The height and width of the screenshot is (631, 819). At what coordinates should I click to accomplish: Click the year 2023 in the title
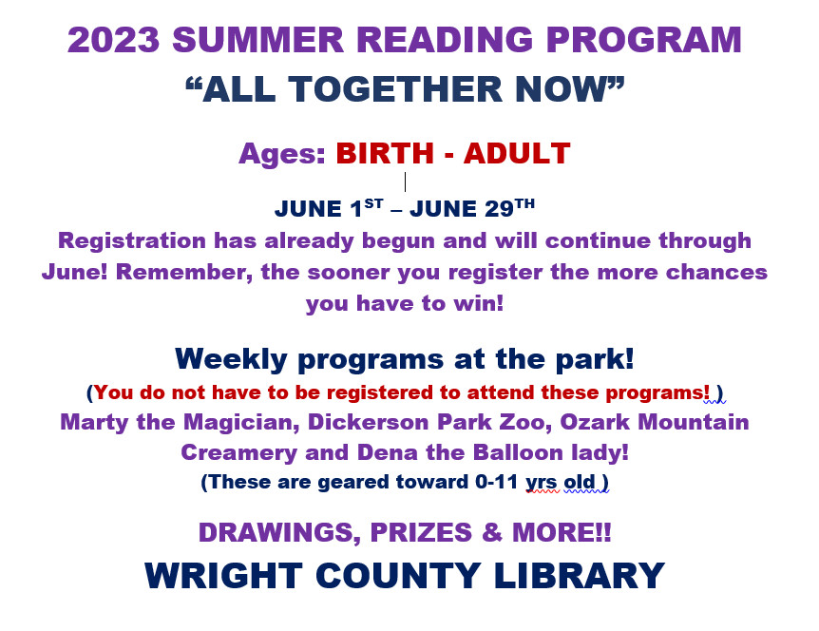[113, 40]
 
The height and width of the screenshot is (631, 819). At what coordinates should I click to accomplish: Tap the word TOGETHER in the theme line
[395, 88]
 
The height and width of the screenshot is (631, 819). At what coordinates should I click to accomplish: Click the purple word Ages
[282, 154]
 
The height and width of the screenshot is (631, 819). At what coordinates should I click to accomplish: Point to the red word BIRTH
[385, 154]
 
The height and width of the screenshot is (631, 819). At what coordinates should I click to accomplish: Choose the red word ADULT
[517, 154]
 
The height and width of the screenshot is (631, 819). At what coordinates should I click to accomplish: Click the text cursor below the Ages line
[405, 182]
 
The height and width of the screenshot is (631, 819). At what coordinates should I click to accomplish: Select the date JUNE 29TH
[472, 208]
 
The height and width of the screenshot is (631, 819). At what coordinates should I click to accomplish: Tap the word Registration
[132, 241]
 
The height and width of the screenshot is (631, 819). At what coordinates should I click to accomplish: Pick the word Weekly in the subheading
[231, 359]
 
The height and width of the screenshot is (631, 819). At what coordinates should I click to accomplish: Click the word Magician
[241, 423]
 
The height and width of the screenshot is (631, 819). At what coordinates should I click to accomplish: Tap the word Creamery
[238, 453]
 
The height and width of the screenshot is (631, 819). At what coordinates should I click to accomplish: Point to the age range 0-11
[496, 482]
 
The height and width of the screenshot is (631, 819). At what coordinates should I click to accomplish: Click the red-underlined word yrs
[542, 483]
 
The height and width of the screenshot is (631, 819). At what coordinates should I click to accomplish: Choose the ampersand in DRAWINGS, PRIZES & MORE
[492, 532]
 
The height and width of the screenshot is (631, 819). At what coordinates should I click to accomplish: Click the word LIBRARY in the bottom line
[579, 576]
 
